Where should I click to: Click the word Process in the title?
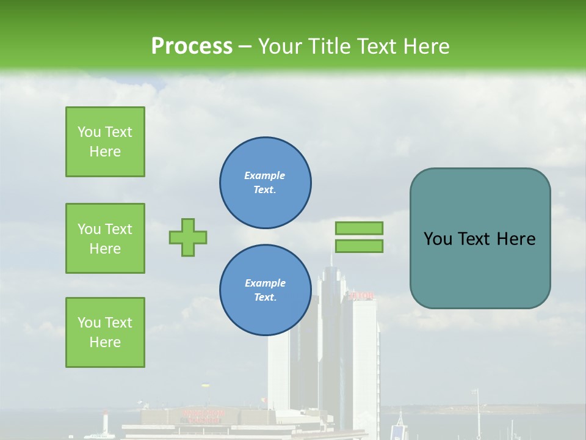(x=192, y=46)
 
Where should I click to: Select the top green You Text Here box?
(x=105, y=142)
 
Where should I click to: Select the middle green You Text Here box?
(x=105, y=238)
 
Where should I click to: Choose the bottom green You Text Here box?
(x=105, y=332)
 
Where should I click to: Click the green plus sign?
(x=188, y=237)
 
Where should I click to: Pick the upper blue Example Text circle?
(x=265, y=183)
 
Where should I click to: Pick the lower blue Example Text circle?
(x=265, y=290)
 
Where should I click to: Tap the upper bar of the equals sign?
(x=359, y=228)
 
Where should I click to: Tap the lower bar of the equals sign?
(x=359, y=246)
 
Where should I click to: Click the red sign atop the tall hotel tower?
(x=361, y=296)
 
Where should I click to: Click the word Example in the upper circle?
(x=264, y=175)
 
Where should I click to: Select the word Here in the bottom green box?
(x=105, y=342)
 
